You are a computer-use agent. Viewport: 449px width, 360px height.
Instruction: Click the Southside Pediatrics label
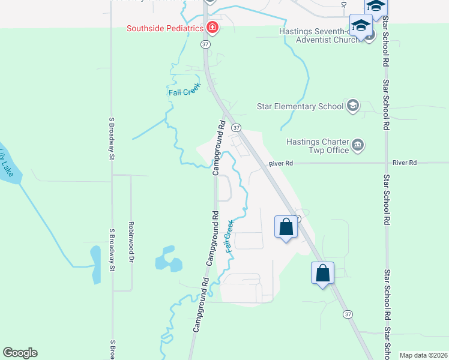tap(164, 28)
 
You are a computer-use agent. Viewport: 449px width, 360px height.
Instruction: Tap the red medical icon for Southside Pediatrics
tap(211, 28)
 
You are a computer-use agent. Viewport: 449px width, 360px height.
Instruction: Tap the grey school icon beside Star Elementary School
tap(353, 106)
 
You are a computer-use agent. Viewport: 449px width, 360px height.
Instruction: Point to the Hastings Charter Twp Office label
tap(318, 146)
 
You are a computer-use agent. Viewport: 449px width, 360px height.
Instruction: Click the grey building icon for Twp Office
tap(358, 145)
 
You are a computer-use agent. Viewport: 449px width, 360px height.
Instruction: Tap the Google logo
tap(20, 353)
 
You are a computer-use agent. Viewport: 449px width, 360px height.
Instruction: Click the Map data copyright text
tap(423, 355)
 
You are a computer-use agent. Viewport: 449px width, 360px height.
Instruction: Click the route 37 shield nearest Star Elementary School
tap(237, 128)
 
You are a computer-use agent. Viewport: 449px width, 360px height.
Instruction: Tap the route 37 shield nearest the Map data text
tap(348, 314)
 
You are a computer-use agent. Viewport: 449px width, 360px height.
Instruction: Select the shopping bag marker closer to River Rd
tap(286, 227)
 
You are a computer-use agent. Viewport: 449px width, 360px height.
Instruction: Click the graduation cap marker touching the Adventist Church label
tap(360, 26)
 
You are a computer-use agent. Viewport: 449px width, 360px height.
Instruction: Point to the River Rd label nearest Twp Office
tap(281, 163)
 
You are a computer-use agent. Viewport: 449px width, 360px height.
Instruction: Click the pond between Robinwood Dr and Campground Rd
tap(167, 259)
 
